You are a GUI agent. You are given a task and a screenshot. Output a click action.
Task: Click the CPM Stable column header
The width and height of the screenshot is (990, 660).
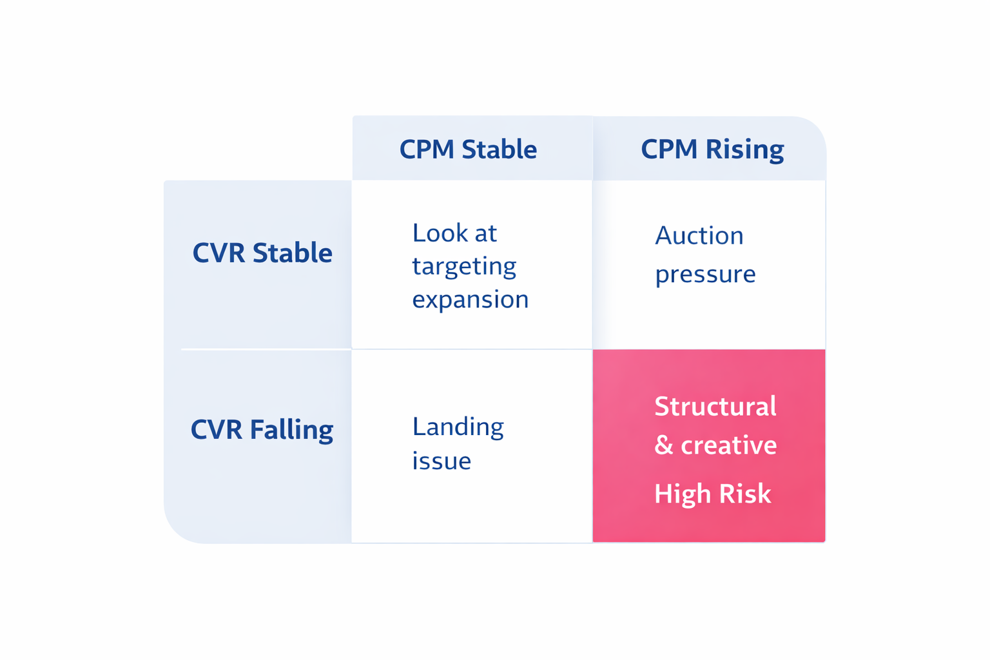(468, 150)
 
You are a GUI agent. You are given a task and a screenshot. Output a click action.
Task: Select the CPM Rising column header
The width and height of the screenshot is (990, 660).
(712, 150)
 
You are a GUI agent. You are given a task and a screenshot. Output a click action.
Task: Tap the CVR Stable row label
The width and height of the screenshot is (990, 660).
(262, 253)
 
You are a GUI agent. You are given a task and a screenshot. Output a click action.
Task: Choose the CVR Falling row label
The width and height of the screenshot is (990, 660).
(262, 429)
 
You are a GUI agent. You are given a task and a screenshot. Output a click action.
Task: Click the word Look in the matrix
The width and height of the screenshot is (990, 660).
(436, 233)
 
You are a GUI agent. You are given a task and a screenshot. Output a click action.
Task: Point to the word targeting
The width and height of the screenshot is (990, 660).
(464, 266)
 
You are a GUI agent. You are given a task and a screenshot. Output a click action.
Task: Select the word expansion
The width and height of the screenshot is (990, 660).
(471, 300)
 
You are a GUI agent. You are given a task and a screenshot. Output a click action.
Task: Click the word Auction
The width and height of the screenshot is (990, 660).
(699, 236)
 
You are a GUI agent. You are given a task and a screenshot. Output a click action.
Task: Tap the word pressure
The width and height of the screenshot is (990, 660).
(705, 275)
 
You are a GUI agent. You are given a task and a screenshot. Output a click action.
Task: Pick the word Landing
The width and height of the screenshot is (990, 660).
(458, 427)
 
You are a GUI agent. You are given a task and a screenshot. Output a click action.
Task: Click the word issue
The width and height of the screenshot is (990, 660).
(442, 461)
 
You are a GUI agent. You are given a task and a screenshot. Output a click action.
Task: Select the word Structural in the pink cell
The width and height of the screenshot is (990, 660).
(715, 407)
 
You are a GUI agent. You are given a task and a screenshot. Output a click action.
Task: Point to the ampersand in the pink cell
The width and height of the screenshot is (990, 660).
(663, 445)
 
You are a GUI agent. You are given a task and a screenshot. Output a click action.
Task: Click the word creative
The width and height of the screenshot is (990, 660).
(729, 445)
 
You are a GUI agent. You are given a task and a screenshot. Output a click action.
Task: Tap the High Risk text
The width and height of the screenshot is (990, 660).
(712, 494)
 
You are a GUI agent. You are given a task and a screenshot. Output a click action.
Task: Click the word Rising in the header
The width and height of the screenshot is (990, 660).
(744, 150)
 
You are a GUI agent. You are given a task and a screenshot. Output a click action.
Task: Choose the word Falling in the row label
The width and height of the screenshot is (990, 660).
(291, 429)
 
